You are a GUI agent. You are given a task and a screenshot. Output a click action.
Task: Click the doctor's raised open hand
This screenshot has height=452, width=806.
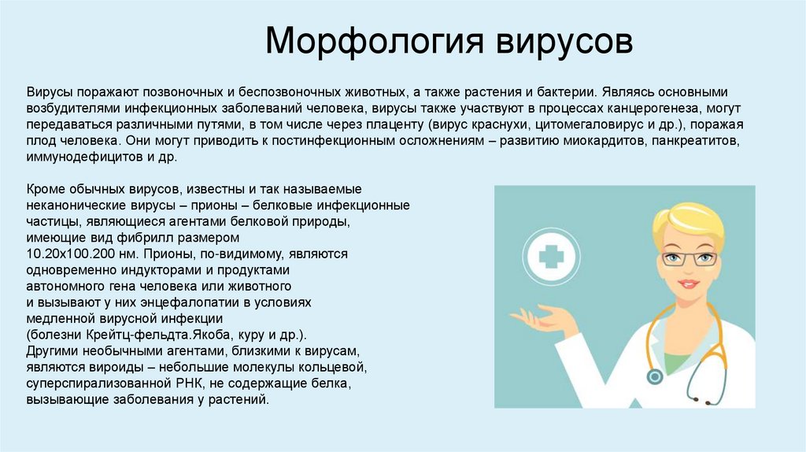coord(543,319)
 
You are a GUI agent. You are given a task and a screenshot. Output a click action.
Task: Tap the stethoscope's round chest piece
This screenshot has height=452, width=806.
coord(655,377)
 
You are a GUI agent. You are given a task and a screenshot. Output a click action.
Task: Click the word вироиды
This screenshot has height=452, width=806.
coord(105,367)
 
